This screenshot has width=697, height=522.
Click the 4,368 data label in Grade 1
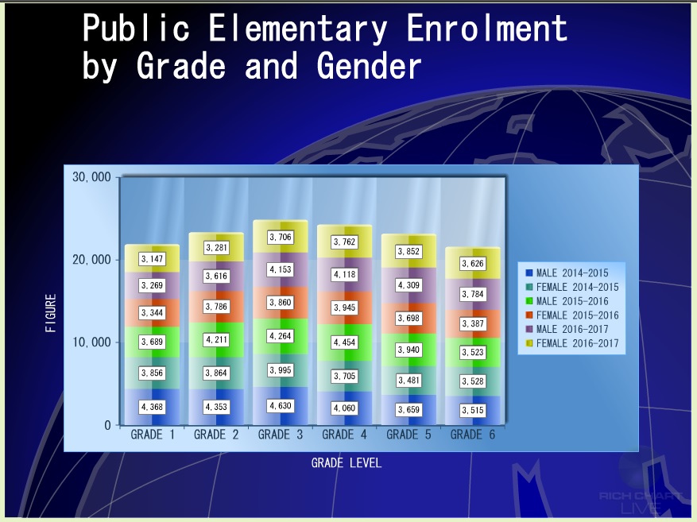[x=152, y=407]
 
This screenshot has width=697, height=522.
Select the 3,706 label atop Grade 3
[x=281, y=238]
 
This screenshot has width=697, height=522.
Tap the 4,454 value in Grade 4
[x=344, y=342]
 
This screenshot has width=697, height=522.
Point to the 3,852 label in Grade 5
[x=409, y=251]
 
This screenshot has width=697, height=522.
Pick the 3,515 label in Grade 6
[x=473, y=410]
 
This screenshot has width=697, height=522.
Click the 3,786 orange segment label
[x=216, y=307]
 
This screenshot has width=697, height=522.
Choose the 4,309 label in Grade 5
[x=409, y=285]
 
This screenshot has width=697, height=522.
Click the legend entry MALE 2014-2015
[x=567, y=273]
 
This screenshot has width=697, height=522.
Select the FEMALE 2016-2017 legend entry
[x=572, y=343]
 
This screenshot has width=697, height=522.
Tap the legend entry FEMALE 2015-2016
[x=572, y=315]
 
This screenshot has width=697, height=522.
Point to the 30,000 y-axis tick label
[x=91, y=177]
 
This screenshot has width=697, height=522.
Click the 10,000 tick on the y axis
[x=91, y=342]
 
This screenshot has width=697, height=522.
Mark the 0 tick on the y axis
[x=107, y=425]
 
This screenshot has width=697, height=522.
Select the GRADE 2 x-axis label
[x=216, y=435]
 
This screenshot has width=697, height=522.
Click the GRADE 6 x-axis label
[x=473, y=435]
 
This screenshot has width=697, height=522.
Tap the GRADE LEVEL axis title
[x=347, y=463]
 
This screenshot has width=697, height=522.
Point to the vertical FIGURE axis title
[x=51, y=313]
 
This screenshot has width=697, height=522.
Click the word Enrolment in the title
[x=486, y=28]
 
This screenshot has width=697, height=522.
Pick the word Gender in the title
[x=369, y=66]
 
